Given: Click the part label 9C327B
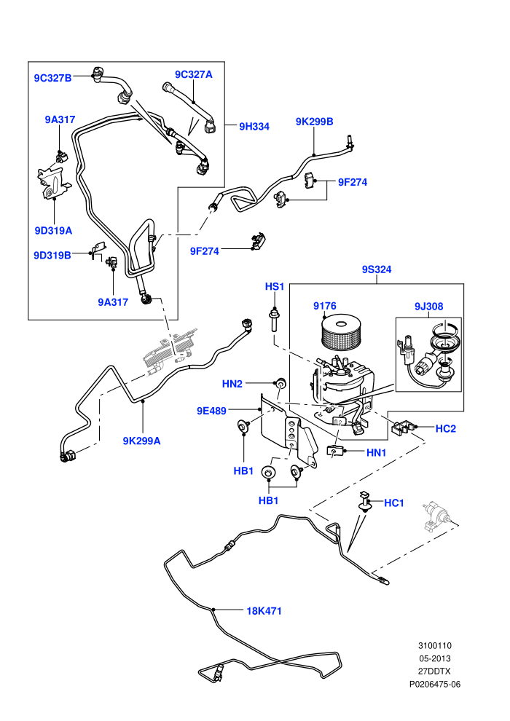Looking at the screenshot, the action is [x=53, y=78].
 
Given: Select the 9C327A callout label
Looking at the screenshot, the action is [x=194, y=74].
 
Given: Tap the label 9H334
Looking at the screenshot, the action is [x=254, y=127].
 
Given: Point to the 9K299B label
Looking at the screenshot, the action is [x=315, y=122].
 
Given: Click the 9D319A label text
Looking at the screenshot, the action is [x=53, y=230].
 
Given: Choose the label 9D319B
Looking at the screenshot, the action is [x=52, y=255].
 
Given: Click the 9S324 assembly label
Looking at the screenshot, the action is [x=377, y=269].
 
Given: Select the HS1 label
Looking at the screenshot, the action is [x=275, y=286].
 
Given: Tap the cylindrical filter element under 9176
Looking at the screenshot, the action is [x=341, y=336].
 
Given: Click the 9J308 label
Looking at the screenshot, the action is [x=428, y=306].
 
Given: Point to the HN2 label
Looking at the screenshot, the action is [x=232, y=384].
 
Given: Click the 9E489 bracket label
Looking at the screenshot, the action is [x=211, y=411].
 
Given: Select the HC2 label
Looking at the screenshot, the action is [x=446, y=428].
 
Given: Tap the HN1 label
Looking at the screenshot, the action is [x=376, y=453].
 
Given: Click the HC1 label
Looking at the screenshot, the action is [x=394, y=503].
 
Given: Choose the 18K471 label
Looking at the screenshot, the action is [x=264, y=611].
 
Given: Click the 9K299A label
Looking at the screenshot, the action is [x=141, y=441].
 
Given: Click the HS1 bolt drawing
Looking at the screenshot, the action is [x=274, y=321].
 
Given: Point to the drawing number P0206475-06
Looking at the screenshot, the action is [x=435, y=684].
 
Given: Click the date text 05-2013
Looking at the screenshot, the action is [x=435, y=658].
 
